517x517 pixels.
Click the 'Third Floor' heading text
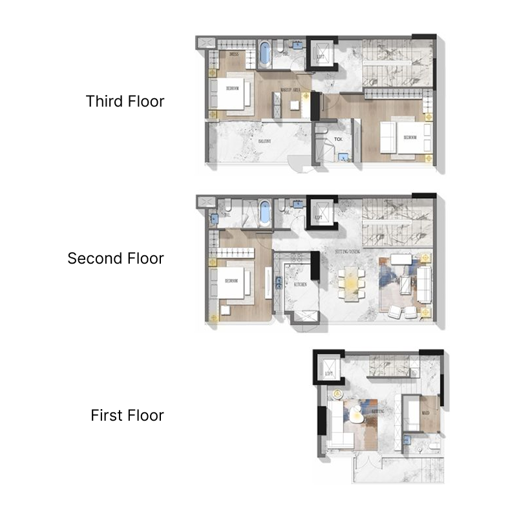click(x=125, y=101)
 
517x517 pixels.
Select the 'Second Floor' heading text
click(x=116, y=258)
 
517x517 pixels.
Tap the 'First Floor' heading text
click(x=127, y=415)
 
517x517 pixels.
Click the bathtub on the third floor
click(x=265, y=54)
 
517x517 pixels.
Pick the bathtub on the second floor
click(x=264, y=213)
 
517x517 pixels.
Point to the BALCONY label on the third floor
click(x=264, y=140)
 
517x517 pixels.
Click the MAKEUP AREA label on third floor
click(x=290, y=90)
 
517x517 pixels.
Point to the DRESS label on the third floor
click(x=233, y=55)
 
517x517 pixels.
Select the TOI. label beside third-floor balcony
click(x=338, y=139)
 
